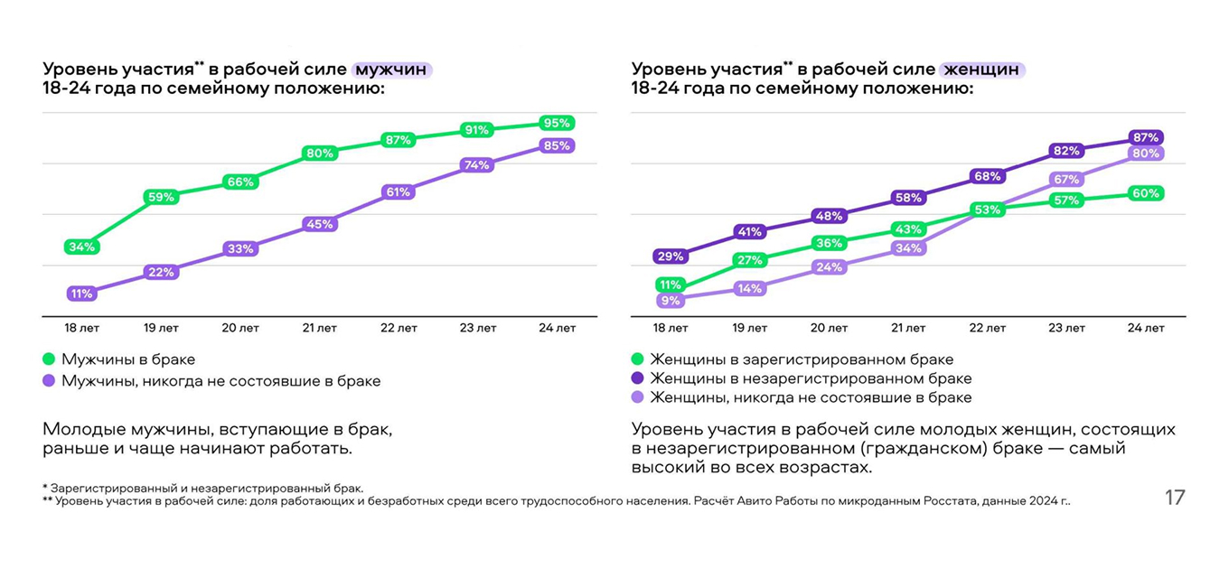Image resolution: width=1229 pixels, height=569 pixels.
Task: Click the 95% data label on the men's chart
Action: tap(557, 123)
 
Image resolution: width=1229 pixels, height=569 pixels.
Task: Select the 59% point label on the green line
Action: tap(161, 197)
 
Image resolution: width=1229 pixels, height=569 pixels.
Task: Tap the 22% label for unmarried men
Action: tap(161, 272)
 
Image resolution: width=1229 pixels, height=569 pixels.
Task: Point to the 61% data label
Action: tap(399, 191)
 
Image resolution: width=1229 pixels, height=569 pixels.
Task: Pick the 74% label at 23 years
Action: tap(477, 165)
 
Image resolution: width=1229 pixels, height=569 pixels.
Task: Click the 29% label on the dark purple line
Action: tap(671, 257)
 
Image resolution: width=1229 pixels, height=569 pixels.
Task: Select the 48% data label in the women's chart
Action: tap(829, 216)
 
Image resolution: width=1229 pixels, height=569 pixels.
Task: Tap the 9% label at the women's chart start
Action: tap(671, 301)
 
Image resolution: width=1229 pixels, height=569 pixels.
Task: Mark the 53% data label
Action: tap(988, 210)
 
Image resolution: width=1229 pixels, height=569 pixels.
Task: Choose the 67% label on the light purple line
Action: tap(1066, 180)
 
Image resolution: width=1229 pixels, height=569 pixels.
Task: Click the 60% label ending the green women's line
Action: tap(1146, 193)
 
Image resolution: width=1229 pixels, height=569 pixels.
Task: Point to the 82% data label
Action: tap(1066, 151)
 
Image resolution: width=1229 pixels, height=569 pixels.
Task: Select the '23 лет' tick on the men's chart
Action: tap(477, 328)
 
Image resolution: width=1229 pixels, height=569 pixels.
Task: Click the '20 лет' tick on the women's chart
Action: tap(829, 328)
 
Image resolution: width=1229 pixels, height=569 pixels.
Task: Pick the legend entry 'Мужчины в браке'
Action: tap(127, 359)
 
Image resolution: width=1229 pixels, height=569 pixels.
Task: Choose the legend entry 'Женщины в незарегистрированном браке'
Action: tap(810, 378)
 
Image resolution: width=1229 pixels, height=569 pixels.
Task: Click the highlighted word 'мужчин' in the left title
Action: tap(391, 70)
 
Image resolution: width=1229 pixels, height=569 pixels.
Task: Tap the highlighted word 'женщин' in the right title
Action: tap(982, 70)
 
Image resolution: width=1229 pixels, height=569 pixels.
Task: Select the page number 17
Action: tap(1174, 497)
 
